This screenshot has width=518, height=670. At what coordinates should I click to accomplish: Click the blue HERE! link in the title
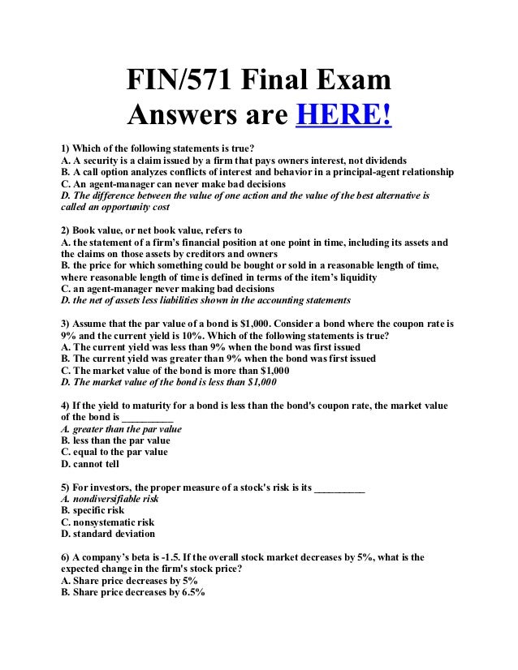(x=343, y=118)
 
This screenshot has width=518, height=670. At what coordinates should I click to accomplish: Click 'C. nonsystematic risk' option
(x=107, y=523)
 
